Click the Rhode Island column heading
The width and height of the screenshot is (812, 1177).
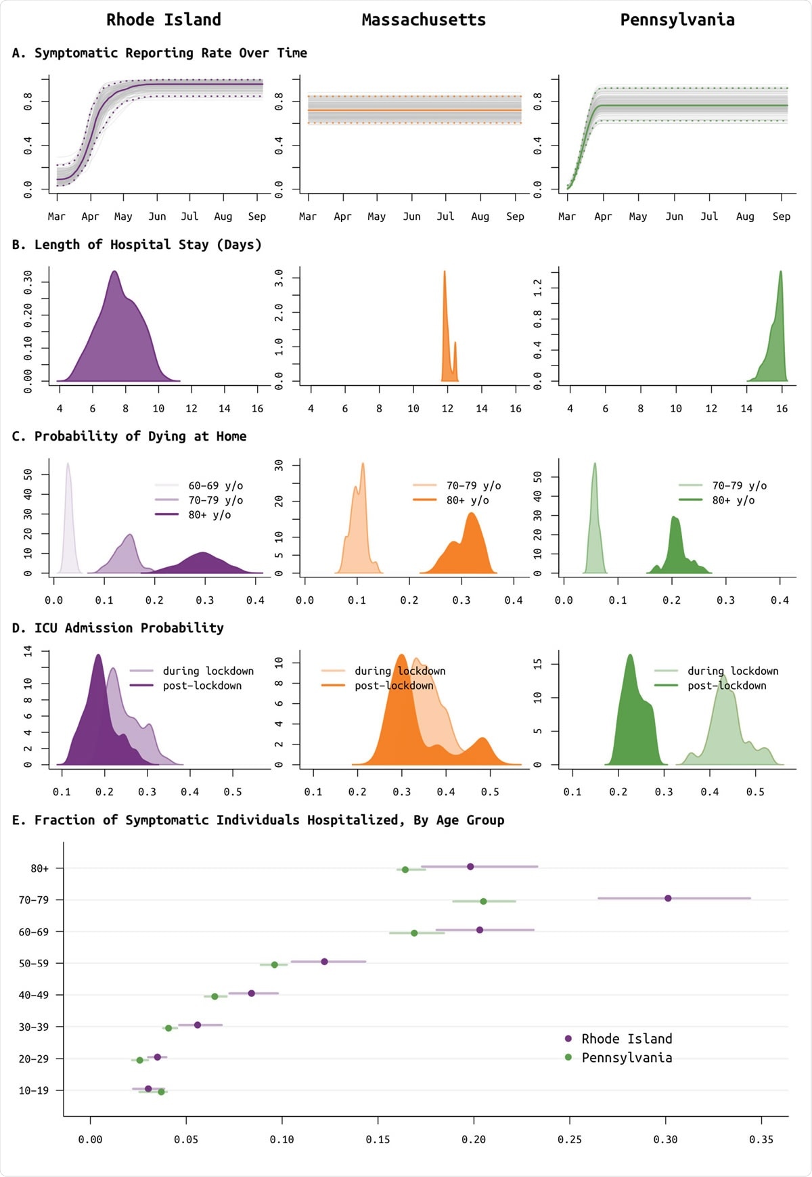pos(164,20)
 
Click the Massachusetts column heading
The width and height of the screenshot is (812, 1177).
pos(424,20)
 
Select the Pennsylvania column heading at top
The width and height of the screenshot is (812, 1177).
pos(677,20)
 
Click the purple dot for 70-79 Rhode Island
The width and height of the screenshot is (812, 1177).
pos(668,898)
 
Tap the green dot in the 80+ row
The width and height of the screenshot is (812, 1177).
pos(405,870)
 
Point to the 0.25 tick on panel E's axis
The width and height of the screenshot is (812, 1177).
pos(570,1140)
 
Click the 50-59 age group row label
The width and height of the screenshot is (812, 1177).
pos(34,964)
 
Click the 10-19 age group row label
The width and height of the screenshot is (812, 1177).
pos(34,1090)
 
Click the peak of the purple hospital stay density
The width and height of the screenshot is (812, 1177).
pos(114,272)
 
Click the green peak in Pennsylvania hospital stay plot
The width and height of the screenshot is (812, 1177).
pos(781,272)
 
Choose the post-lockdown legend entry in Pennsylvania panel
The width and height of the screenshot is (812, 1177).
pos(726,686)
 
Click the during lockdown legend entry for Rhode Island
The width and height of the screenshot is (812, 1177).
pos(208,671)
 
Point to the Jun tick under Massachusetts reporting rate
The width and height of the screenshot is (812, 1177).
pos(411,217)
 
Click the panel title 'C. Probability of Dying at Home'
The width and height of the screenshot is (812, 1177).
pos(129,437)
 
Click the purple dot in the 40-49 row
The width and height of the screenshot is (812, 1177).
pos(252,994)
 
